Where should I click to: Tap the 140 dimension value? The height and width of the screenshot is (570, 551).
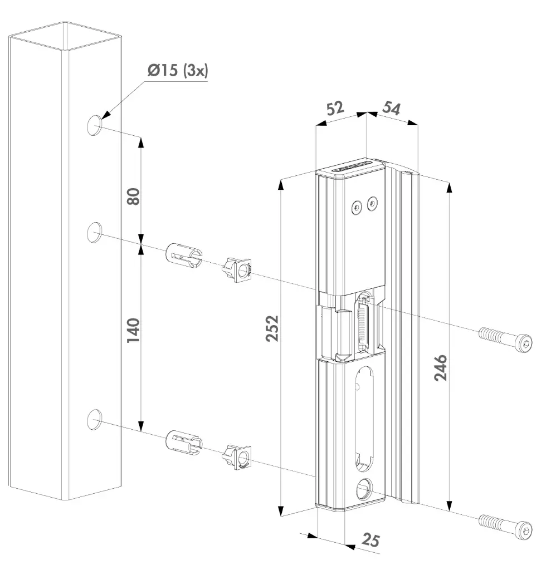coord(133,330)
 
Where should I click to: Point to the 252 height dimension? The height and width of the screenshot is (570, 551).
coord(272,330)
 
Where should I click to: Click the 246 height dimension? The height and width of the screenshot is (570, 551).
coord(440,367)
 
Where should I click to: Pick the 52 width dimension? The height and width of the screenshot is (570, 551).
coord(335,109)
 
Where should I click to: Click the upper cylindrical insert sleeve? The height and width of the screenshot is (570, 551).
coord(183,255)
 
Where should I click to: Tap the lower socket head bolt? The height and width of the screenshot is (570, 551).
coord(505,525)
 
